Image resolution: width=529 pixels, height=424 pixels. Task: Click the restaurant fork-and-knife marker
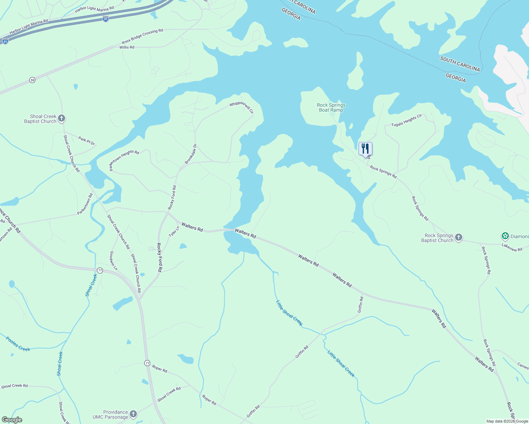365,149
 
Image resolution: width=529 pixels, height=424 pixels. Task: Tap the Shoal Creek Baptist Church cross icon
62,118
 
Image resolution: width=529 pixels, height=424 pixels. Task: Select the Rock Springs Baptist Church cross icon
459,237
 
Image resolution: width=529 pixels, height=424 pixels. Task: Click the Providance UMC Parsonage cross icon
133,414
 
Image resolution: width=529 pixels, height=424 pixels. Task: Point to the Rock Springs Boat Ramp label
331,107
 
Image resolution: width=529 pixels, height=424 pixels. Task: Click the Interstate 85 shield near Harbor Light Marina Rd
106,19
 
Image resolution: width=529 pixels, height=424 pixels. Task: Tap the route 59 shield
33,80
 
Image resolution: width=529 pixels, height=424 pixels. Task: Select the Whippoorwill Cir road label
242,107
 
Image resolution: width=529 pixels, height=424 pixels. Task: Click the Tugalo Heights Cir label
406,120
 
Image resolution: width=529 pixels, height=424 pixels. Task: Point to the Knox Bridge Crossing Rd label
143,36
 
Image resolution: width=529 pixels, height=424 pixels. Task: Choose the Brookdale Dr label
191,154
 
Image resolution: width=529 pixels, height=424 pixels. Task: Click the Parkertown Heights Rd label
124,160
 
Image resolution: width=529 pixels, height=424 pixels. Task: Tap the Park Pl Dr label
87,141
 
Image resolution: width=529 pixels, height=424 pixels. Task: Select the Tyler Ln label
174,232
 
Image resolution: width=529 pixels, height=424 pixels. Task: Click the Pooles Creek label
18,344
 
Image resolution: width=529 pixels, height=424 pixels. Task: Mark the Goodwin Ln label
113,261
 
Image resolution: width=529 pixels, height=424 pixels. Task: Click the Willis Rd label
127,47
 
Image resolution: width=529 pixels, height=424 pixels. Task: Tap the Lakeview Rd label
512,247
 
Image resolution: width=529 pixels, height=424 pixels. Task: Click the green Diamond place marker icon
505,236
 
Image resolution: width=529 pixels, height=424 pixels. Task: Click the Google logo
12,420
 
